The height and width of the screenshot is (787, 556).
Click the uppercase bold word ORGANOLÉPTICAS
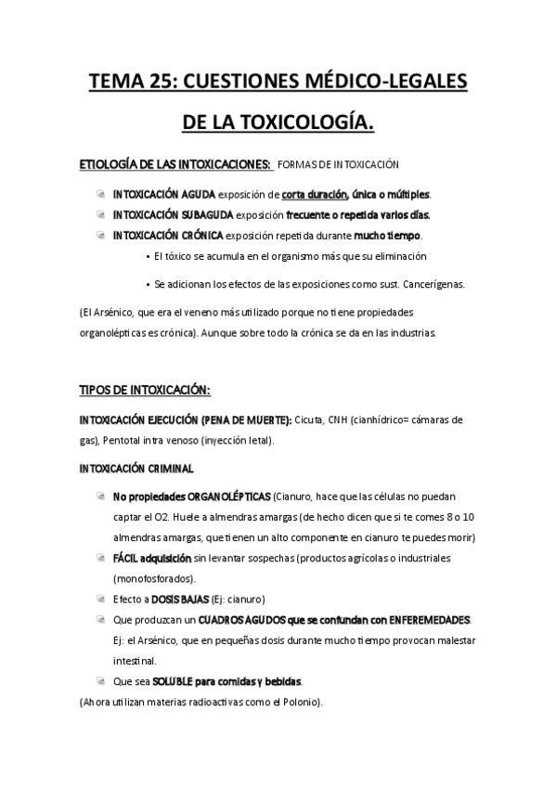point(229,497)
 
